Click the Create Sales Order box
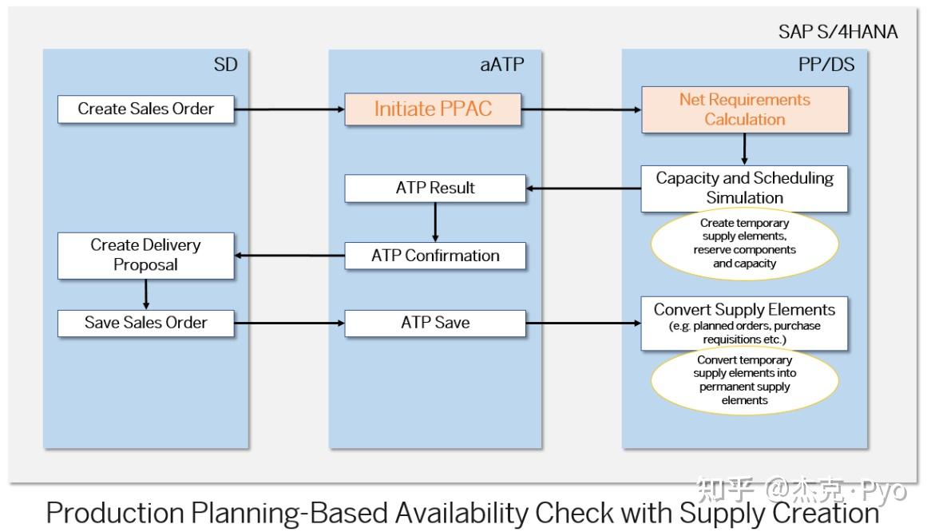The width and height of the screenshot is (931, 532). [x=146, y=109]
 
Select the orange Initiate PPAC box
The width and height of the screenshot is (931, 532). [x=433, y=109]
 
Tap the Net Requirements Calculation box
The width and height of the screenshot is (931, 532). [x=744, y=109]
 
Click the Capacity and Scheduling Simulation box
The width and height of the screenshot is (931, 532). [x=744, y=188]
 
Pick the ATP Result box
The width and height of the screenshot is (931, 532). [x=435, y=189]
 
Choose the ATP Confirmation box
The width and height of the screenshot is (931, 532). [x=435, y=256]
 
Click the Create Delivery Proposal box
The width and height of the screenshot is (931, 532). [x=145, y=255]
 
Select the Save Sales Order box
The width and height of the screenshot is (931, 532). [x=146, y=323]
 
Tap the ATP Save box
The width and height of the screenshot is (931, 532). [x=435, y=323]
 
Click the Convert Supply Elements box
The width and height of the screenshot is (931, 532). [x=744, y=323]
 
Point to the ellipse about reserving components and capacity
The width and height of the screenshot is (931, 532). [x=744, y=244]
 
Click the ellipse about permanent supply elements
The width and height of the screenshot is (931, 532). [x=744, y=380]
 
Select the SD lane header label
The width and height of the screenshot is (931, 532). [x=226, y=66]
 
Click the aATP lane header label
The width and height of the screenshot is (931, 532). [x=502, y=66]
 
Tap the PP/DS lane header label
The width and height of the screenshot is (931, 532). [x=826, y=66]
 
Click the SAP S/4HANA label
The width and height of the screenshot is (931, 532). [x=838, y=32]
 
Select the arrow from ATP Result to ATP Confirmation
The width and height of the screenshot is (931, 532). [x=435, y=221]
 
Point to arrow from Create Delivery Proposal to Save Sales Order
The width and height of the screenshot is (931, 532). [x=145, y=294]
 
